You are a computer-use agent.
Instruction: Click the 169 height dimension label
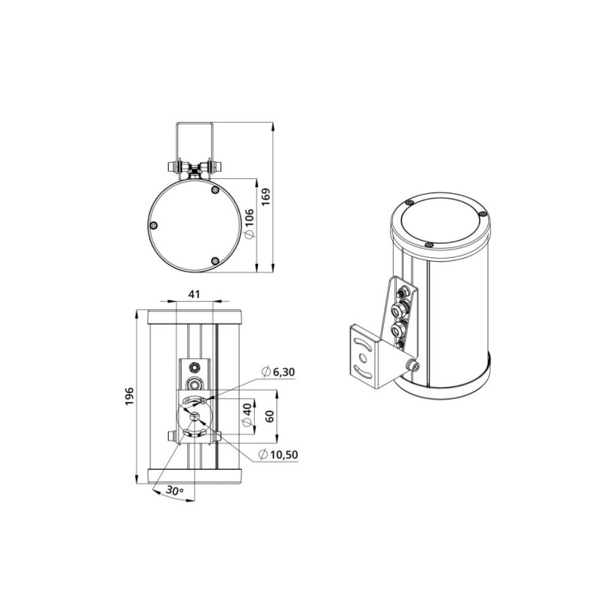pos(266,197)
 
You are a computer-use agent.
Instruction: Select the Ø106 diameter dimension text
pos(249,223)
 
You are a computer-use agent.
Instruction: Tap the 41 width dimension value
pos(194,294)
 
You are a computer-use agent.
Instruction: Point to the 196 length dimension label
pos(129,396)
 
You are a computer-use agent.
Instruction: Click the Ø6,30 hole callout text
pos(278,371)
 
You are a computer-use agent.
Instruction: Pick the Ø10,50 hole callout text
pos(279,454)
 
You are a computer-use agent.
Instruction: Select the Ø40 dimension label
pos(247,415)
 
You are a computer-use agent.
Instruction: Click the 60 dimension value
pos(269,416)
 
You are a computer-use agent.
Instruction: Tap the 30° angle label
pos(175,490)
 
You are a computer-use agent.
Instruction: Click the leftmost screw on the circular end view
pos(154,225)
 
